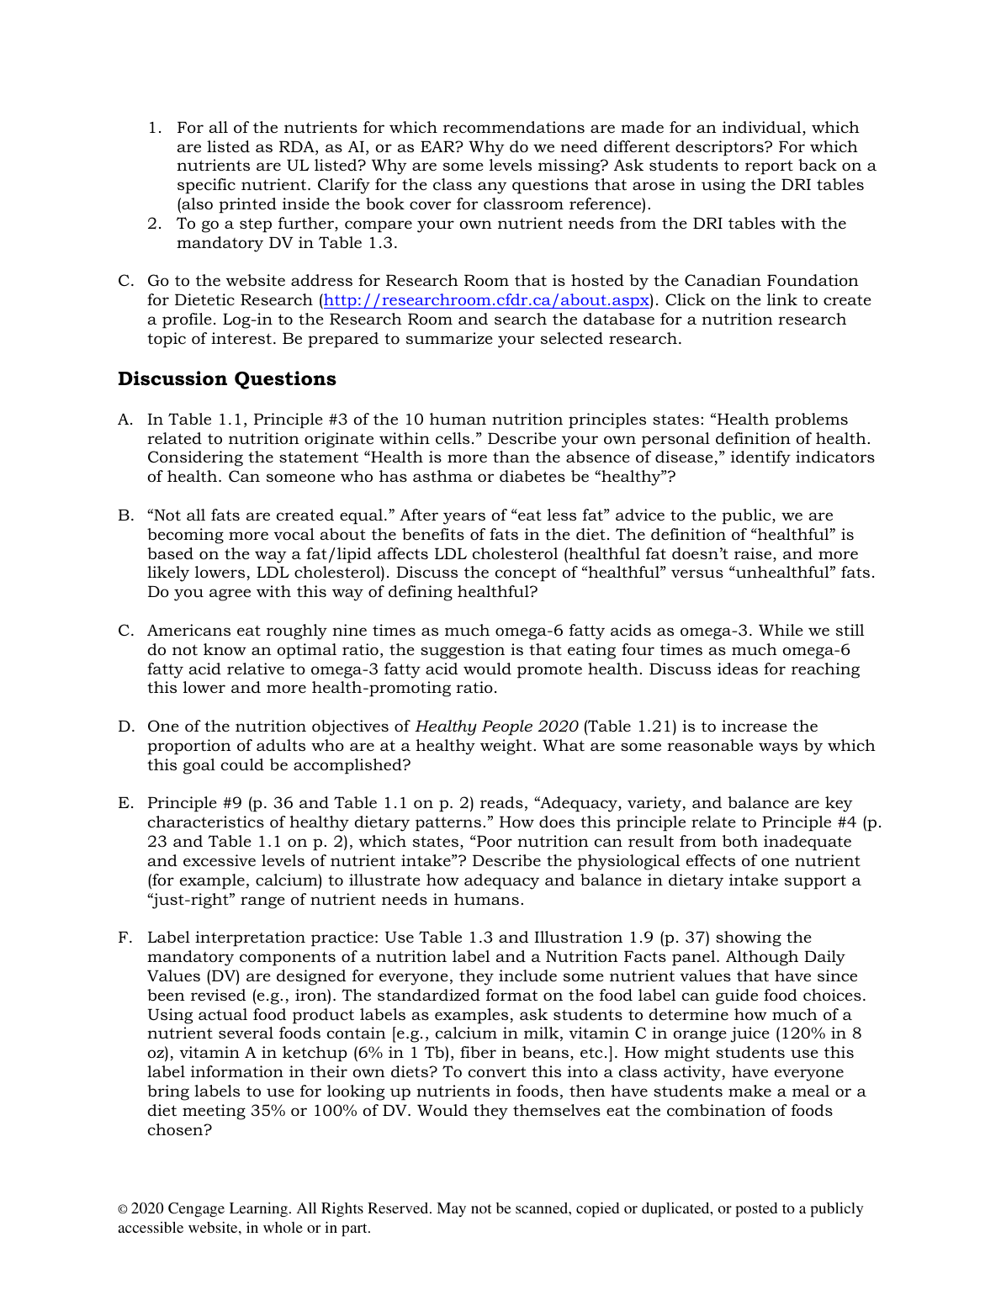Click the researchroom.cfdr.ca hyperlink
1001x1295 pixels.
tap(486, 300)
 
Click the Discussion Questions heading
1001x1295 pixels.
tap(226, 379)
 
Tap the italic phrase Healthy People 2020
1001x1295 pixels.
tap(496, 727)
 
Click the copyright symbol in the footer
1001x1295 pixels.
tap(123, 1209)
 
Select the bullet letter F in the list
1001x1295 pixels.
tap(124, 938)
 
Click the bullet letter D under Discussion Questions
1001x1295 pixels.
tap(125, 727)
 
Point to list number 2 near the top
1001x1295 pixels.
tap(154, 224)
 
